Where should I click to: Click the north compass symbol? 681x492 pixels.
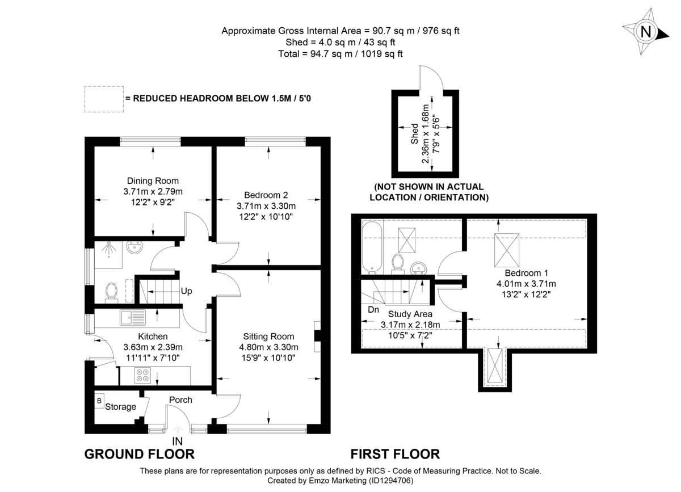tap(645, 32)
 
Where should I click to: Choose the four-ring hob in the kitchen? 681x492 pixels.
tap(142, 375)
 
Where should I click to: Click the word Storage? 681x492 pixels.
tap(121, 407)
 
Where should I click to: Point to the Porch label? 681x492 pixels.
tap(180, 400)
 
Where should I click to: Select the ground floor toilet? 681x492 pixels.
tap(111, 292)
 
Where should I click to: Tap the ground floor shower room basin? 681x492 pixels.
tap(135, 249)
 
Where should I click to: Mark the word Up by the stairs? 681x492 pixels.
tap(186, 292)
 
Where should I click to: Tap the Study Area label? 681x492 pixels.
tap(410, 314)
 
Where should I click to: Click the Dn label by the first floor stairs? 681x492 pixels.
tap(373, 310)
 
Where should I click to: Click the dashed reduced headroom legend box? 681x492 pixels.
tap(103, 98)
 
